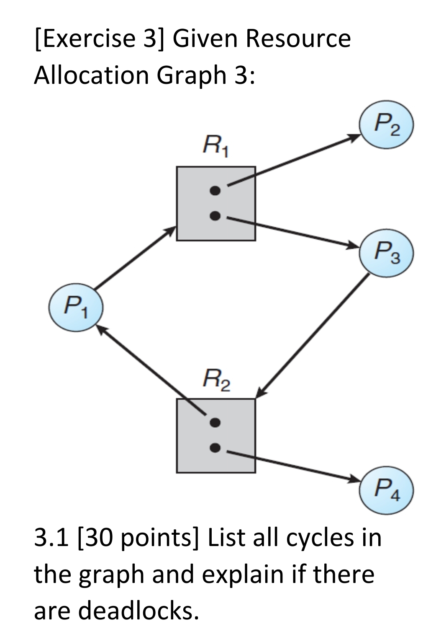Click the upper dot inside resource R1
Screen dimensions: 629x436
click(x=215, y=191)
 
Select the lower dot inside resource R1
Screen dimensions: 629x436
click(x=215, y=216)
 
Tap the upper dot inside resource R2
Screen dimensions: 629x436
click(x=215, y=422)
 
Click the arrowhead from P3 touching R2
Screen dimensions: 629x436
click(x=260, y=392)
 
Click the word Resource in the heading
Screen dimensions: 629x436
click(x=298, y=39)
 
